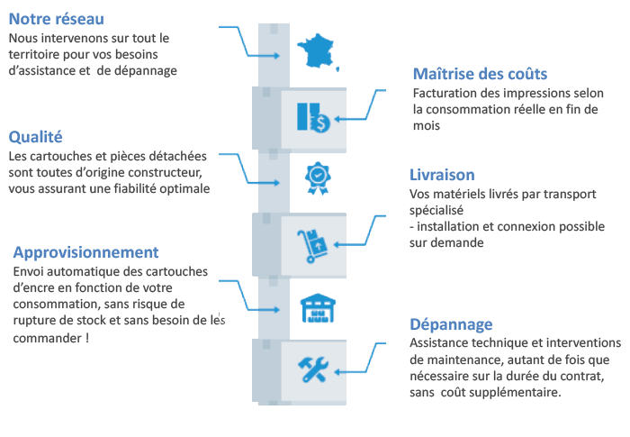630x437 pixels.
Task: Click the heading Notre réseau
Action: click(x=56, y=19)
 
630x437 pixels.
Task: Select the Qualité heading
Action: click(x=35, y=137)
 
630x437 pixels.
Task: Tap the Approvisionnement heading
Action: click(x=86, y=252)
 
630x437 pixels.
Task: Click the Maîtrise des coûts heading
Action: click(x=480, y=74)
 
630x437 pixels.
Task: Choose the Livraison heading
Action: click(x=442, y=175)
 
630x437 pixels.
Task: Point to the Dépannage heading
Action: click(x=451, y=324)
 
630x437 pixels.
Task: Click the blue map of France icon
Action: click(x=318, y=51)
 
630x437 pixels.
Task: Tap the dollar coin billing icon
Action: click(x=313, y=117)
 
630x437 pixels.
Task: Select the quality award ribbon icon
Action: click(x=318, y=178)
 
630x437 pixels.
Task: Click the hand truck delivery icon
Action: click(x=312, y=246)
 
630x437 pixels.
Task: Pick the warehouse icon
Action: click(x=318, y=309)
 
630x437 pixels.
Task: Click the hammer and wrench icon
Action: click(x=313, y=369)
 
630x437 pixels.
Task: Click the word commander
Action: click(x=48, y=338)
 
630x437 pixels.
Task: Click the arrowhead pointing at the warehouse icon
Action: click(x=276, y=310)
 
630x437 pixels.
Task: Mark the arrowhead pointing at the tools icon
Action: click(x=337, y=372)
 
